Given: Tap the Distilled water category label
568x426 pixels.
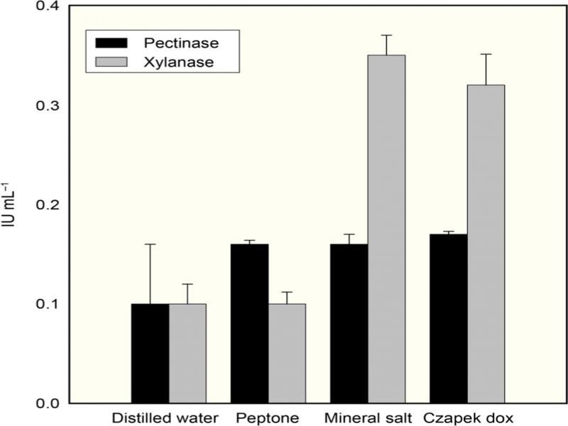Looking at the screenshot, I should tap(165, 416).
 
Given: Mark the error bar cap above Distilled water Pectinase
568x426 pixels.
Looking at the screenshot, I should tap(150, 244).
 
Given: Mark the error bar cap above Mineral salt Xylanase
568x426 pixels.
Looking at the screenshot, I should tap(386, 35).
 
